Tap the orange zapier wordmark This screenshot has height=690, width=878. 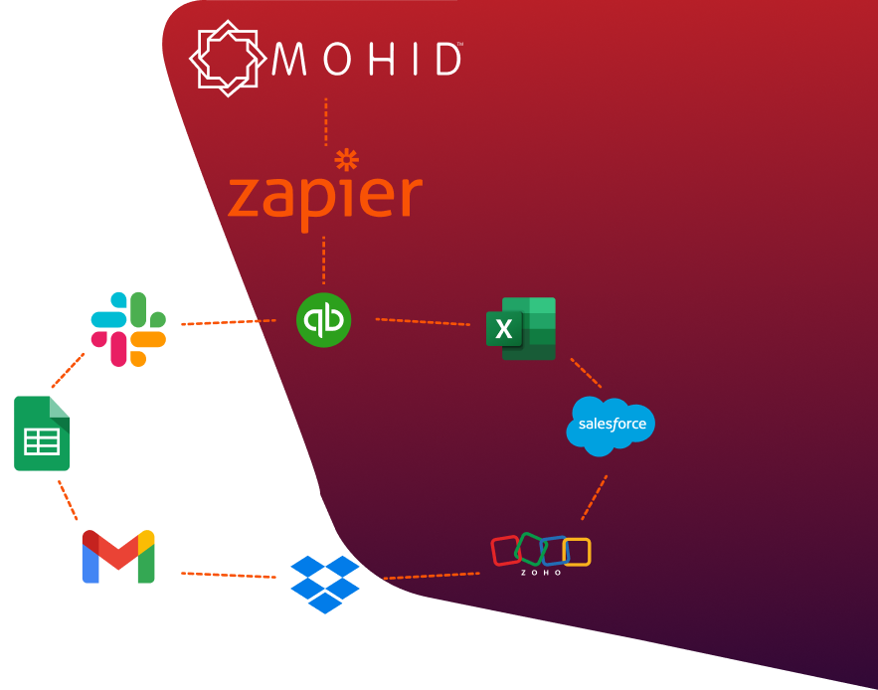tap(325, 197)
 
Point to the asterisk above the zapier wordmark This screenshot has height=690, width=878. tap(346, 159)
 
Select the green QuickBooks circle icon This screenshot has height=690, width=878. tap(324, 319)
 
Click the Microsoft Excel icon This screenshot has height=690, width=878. tap(521, 328)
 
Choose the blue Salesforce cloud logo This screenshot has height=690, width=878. tap(611, 425)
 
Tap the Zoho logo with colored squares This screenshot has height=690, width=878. tap(541, 554)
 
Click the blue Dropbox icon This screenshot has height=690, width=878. tap(325, 584)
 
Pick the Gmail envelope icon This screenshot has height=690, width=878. tap(118, 557)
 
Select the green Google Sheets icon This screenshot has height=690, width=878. tap(42, 433)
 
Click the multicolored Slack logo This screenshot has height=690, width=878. tap(128, 329)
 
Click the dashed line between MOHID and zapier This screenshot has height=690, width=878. tap(325, 121)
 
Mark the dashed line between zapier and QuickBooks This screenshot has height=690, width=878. tap(324, 259)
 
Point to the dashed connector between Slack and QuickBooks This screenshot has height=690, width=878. tap(228, 322)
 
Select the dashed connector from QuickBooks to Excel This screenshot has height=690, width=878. tap(423, 322)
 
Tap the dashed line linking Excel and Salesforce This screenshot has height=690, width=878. tap(586, 373)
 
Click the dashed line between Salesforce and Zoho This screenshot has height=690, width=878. tap(595, 497)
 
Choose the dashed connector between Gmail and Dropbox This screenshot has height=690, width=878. tap(228, 575)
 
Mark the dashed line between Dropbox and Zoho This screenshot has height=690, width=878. tap(432, 576)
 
